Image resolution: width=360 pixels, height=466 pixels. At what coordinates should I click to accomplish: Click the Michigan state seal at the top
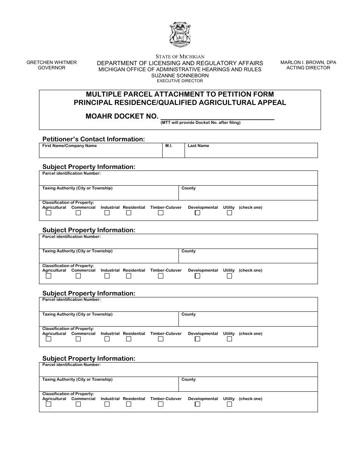click(180, 34)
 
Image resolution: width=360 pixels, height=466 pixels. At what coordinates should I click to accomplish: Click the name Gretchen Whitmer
click(52, 63)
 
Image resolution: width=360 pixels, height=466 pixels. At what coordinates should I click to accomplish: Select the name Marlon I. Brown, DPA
click(308, 63)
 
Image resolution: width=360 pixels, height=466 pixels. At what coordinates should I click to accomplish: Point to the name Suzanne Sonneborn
click(180, 75)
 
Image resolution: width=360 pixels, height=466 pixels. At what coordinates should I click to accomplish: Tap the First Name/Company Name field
click(101, 152)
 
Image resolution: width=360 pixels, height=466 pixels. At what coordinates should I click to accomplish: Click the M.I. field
click(173, 152)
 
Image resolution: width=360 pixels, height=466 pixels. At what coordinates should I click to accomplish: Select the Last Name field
click(251, 152)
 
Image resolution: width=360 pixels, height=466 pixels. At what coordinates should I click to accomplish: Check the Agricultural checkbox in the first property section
click(49, 213)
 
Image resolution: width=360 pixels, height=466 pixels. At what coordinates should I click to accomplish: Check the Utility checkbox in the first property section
click(229, 213)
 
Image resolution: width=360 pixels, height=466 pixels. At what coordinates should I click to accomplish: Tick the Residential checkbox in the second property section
click(128, 276)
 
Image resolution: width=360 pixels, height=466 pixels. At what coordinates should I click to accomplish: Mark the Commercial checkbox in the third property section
click(78, 339)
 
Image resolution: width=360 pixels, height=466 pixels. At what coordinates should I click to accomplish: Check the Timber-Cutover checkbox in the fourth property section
click(161, 404)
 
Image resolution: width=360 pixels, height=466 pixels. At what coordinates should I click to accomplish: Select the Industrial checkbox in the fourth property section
click(107, 404)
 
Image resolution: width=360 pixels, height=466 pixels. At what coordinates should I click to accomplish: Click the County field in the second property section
click(248, 258)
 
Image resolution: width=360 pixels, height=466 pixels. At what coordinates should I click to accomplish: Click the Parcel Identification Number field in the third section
click(178, 306)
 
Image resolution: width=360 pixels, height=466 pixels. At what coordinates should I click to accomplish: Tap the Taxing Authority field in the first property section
click(109, 195)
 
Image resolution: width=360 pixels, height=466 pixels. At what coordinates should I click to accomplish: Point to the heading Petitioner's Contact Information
click(93, 139)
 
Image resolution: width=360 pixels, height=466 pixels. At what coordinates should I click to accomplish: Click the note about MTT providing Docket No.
click(200, 123)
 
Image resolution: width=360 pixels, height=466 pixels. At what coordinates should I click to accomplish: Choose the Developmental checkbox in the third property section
click(197, 339)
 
